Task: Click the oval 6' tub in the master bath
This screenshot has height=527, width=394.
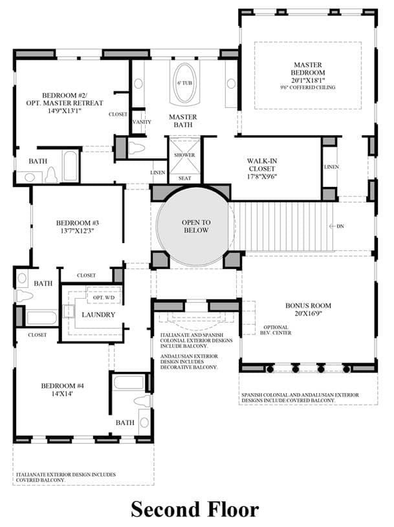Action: click(x=184, y=83)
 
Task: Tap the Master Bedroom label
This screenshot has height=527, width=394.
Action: click(x=308, y=69)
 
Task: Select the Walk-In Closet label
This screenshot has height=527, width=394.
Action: click(x=262, y=165)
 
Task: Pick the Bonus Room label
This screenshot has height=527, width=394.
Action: click(x=308, y=306)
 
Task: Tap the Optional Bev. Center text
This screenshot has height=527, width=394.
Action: click(x=276, y=330)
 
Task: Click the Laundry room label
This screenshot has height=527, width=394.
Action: click(x=98, y=315)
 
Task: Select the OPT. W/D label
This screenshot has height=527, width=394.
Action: click(x=104, y=298)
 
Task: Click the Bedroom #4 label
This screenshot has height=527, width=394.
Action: click(x=62, y=386)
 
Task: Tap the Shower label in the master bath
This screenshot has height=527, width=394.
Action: click(x=184, y=155)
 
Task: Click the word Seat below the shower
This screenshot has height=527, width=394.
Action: click(x=184, y=178)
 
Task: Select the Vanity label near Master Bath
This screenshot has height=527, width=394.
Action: click(x=142, y=122)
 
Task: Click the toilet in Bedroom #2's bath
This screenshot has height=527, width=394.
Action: click(x=52, y=175)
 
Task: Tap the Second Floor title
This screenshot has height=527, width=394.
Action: click(x=195, y=509)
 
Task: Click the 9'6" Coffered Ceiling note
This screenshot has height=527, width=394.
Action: click(x=308, y=87)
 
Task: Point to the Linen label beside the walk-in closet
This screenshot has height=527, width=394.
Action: click(x=331, y=167)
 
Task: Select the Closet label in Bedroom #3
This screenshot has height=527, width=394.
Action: click(x=87, y=275)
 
